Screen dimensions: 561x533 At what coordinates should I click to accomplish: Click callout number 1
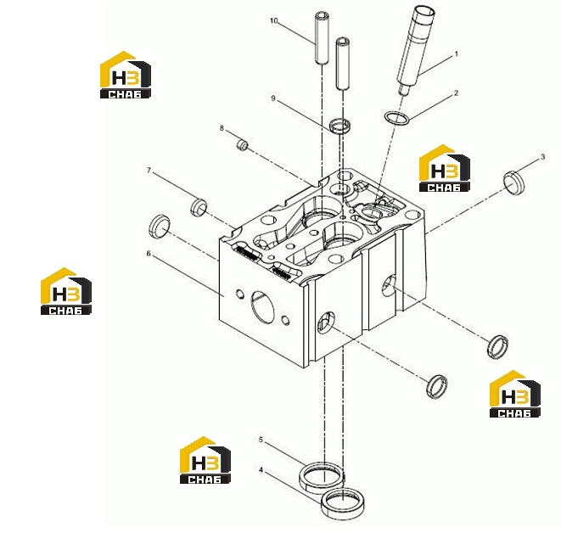[456, 54]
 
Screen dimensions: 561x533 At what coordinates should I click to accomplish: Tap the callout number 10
[273, 20]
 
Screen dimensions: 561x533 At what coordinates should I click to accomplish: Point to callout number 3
[543, 157]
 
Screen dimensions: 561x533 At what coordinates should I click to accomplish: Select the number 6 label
[149, 253]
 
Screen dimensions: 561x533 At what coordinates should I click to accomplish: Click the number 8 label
[222, 128]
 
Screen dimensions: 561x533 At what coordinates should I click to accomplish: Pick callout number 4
[261, 469]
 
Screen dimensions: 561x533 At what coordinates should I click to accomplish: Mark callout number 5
[261, 440]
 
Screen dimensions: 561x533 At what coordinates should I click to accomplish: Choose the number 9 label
[273, 98]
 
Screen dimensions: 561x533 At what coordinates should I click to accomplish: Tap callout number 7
[149, 171]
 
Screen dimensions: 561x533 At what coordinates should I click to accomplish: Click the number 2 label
[456, 93]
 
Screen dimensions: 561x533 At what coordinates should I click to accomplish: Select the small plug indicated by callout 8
[243, 144]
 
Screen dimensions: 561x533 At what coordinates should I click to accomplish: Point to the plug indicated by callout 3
[514, 182]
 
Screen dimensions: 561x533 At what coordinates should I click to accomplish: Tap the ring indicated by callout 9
[339, 126]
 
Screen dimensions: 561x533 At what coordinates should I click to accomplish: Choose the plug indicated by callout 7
[199, 207]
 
